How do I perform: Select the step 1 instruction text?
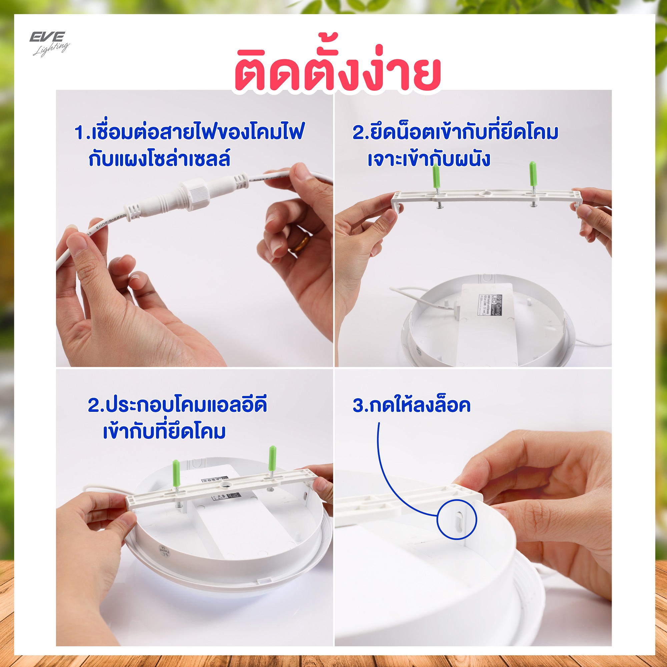pyautogui.click(x=189, y=146)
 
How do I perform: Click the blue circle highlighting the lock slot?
pyautogui.click(x=457, y=520)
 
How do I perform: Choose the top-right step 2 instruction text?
pyautogui.click(x=455, y=146)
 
